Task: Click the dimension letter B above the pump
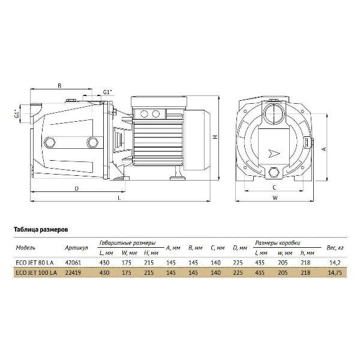(x=59, y=86)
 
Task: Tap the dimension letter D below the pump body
(x=77, y=189)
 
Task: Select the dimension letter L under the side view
(x=119, y=198)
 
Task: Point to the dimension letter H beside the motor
(x=215, y=137)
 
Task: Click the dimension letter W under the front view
(x=275, y=198)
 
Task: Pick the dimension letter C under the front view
(x=274, y=188)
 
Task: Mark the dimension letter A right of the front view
(x=324, y=149)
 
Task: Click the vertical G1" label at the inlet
(x=17, y=114)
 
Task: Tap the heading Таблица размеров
(x=41, y=230)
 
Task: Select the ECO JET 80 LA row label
(x=35, y=263)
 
